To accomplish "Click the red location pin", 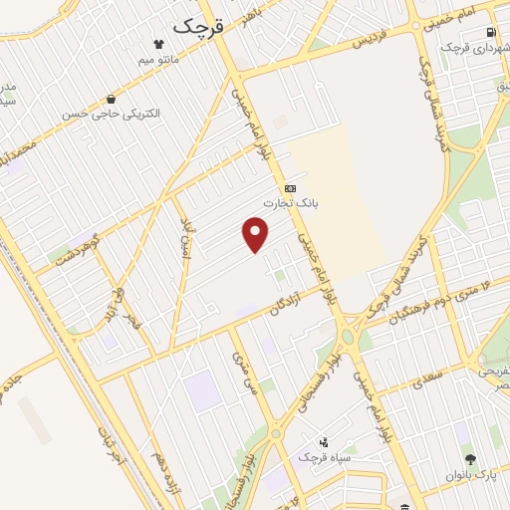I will coord(256,235).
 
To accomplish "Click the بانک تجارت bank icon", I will coord(289,187).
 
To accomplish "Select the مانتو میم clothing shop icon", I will coord(158,43).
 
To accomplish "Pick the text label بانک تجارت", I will coord(289,202).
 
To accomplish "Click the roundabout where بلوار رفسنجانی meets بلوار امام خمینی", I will coord(348,335).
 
